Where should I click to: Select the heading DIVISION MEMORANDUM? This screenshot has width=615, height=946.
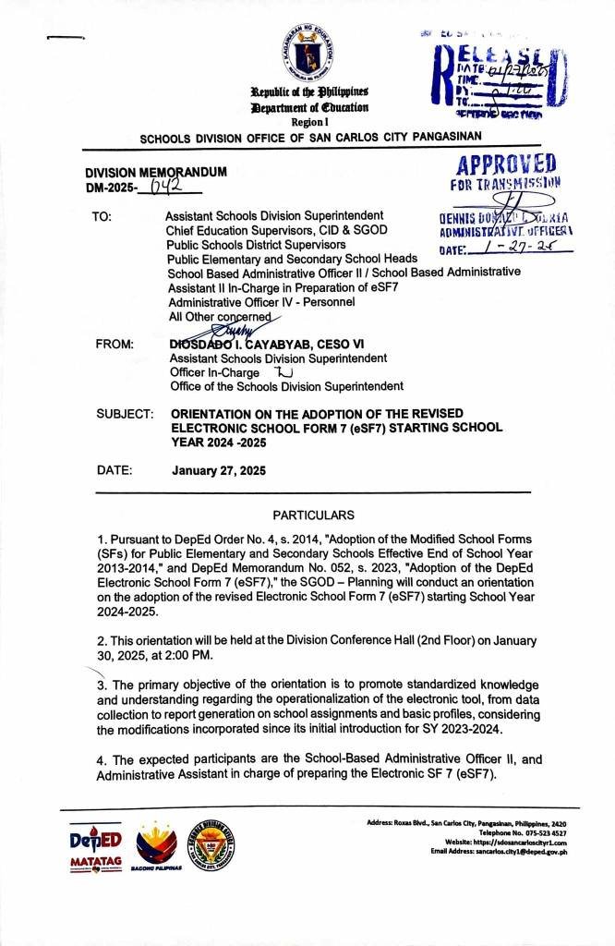pos(156,172)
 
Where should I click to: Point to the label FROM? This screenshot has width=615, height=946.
pos(115,345)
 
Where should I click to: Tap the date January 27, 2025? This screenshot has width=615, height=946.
pos(219,471)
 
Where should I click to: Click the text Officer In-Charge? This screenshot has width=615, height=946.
pos(214,372)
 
